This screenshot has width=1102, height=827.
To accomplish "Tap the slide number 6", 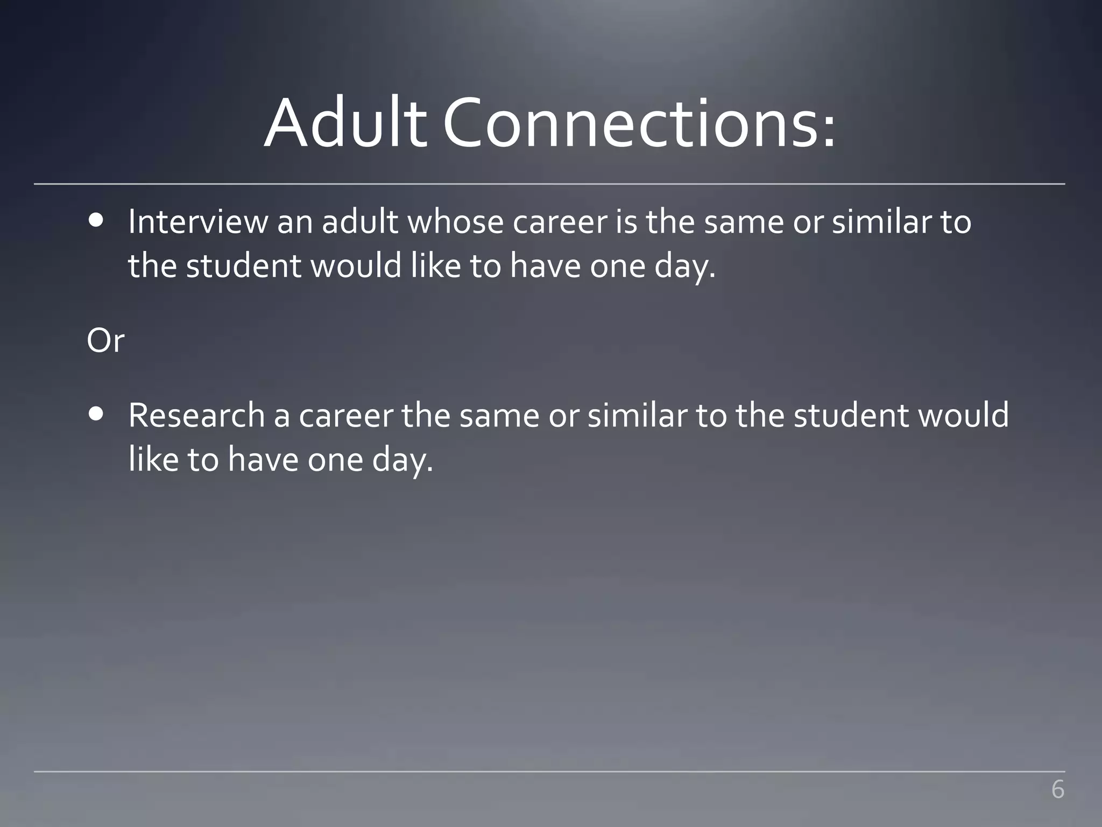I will tap(1057, 790).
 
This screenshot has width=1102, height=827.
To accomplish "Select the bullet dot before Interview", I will tap(96, 221).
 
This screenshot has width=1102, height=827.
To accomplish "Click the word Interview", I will tap(197, 222).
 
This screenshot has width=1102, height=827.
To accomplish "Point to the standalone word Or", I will tap(105, 341).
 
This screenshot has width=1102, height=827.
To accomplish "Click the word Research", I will tap(196, 416).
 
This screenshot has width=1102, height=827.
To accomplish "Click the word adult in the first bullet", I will tap(360, 222).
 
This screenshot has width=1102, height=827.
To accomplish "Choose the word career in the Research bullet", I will tap(346, 416).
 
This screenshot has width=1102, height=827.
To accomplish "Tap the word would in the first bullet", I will tap(356, 266).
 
